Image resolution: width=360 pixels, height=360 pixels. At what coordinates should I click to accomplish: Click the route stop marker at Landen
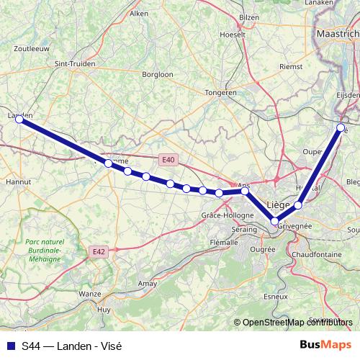point(20,120)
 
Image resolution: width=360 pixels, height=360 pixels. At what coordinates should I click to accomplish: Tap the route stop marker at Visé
point(341,127)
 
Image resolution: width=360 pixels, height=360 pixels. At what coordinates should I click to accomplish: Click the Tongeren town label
point(220,93)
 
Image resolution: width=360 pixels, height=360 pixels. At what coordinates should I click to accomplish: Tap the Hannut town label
point(17,182)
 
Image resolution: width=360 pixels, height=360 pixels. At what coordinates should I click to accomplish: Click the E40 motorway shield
point(168,159)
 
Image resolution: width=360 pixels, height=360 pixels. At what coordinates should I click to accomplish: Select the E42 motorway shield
point(99,251)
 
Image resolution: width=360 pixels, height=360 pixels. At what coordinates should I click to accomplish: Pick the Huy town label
point(104,309)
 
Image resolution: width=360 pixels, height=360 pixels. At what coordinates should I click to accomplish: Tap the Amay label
point(147,284)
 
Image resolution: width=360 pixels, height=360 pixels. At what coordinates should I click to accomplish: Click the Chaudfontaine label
point(316,255)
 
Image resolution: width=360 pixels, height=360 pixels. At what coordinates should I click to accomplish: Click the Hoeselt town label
point(232,34)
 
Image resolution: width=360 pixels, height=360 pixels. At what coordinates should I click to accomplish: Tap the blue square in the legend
point(10,346)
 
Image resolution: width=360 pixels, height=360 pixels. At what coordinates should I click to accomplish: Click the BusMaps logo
point(326,345)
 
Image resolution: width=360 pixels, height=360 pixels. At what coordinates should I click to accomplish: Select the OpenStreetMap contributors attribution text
point(293,323)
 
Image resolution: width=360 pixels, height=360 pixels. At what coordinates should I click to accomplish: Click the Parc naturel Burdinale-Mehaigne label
point(44,248)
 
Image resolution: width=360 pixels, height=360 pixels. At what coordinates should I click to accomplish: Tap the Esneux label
point(276,296)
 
